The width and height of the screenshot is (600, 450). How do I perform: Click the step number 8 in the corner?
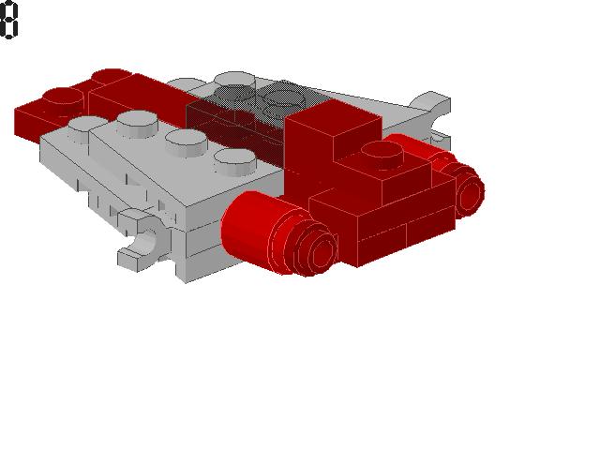(9, 21)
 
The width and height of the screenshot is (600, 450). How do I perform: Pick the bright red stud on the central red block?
(382, 153)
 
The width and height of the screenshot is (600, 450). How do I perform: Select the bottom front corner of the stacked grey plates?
(184, 277)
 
